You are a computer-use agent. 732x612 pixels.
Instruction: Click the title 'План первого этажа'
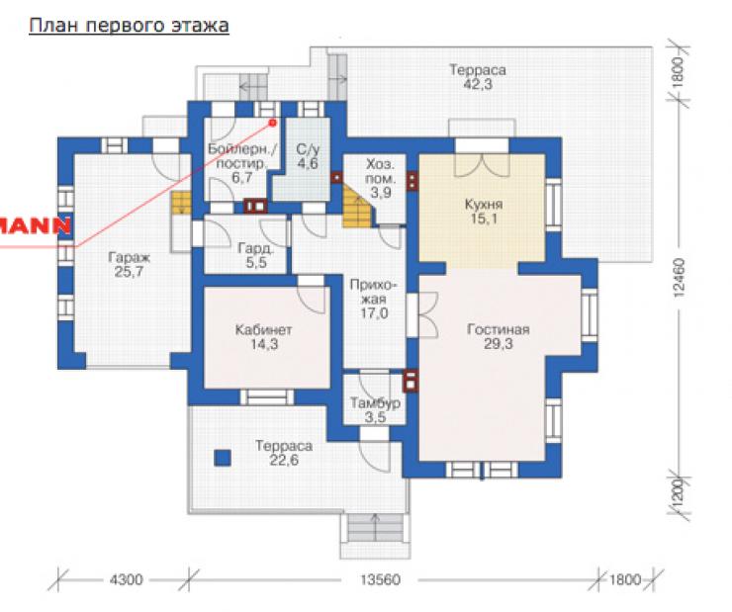(x=129, y=25)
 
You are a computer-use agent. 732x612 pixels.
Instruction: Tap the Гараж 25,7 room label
(x=130, y=265)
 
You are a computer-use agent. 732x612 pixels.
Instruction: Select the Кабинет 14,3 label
(x=264, y=337)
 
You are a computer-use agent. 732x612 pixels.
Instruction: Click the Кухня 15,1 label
(x=484, y=212)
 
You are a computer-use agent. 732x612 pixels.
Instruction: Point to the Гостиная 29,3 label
(x=499, y=337)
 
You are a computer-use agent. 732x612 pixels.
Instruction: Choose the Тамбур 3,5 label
(x=375, y=410)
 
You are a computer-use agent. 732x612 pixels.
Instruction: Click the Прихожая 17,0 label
(x=374, y=299)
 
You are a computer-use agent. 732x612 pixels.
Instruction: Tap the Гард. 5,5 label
(x=256, y=255)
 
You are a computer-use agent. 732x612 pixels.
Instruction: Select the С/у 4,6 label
(x=308, y=156)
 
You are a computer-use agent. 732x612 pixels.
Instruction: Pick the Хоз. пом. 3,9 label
(x=380, y=178)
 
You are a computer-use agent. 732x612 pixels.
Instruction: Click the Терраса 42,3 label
(x=478, y=77)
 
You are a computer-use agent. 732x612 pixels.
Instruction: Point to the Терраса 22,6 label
(x=284, y=453)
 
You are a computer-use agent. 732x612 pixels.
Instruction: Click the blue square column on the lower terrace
(x=223, y=458)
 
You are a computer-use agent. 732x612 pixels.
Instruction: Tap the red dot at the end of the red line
(x=273, y=123)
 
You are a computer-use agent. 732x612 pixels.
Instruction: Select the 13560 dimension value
(x=380, y=579)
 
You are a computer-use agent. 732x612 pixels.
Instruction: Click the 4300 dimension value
(x=126, y=579)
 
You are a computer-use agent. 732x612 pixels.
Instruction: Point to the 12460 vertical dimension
(x=679, y=278)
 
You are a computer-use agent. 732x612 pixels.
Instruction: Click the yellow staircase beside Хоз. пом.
(x=358, y=206)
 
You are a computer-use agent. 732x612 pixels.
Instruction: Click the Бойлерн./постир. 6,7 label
(x=241, y=163)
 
